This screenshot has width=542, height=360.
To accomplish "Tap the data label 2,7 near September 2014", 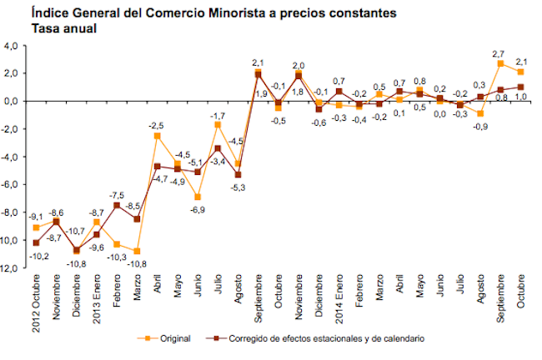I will click(x=501, y=52).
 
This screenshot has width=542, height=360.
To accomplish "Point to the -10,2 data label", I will click(x=35, y=257).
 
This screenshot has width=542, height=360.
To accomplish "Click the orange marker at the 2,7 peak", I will click(x=500, y=63).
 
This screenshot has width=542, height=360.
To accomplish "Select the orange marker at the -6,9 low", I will click(x=198, y=197).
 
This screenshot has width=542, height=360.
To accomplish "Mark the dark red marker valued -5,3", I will click(x=238, y=174).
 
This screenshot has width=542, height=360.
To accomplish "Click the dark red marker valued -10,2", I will click(x=36, y=242).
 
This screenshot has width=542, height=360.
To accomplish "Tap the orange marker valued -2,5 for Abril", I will click(x=158, y=135).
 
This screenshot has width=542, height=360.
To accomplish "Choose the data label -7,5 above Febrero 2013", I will click(x=117, y=195).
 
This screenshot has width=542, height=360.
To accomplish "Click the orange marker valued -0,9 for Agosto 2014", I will click(x=480, y=113).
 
